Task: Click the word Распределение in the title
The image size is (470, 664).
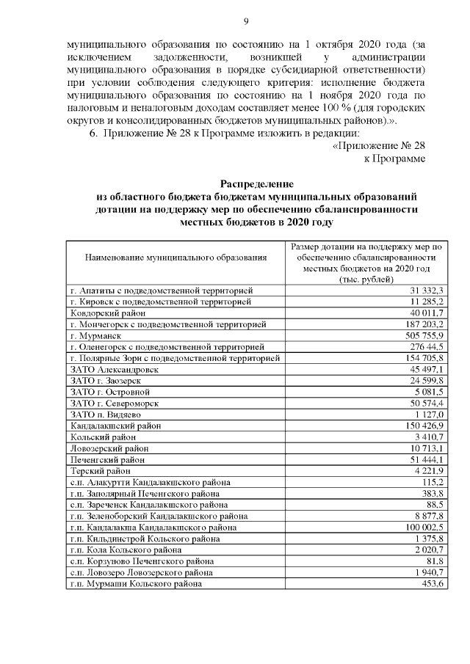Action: point(256,183)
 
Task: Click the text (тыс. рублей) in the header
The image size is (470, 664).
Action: point(365,280)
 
